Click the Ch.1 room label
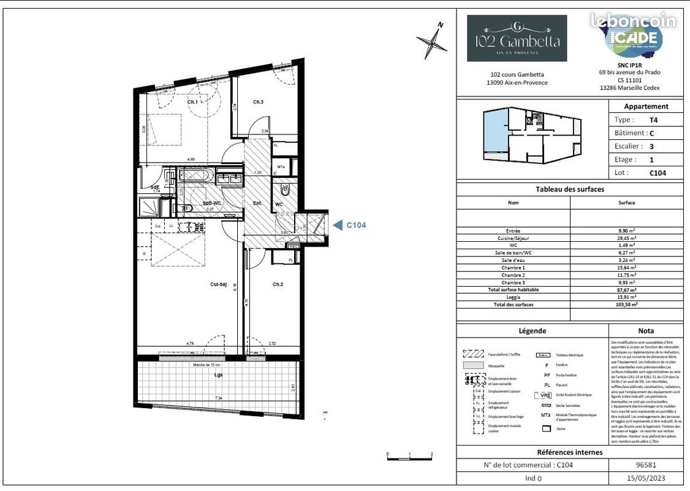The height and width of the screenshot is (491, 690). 192,102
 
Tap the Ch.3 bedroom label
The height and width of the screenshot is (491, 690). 258,102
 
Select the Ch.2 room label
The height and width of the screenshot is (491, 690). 278,284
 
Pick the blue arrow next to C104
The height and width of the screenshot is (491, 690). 337,225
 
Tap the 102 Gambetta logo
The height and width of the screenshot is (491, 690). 517,38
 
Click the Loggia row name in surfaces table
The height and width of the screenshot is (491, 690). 513,297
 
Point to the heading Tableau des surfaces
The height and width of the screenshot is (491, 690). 569,190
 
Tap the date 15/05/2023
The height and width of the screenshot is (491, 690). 646,478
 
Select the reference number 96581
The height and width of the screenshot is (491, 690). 646,465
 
